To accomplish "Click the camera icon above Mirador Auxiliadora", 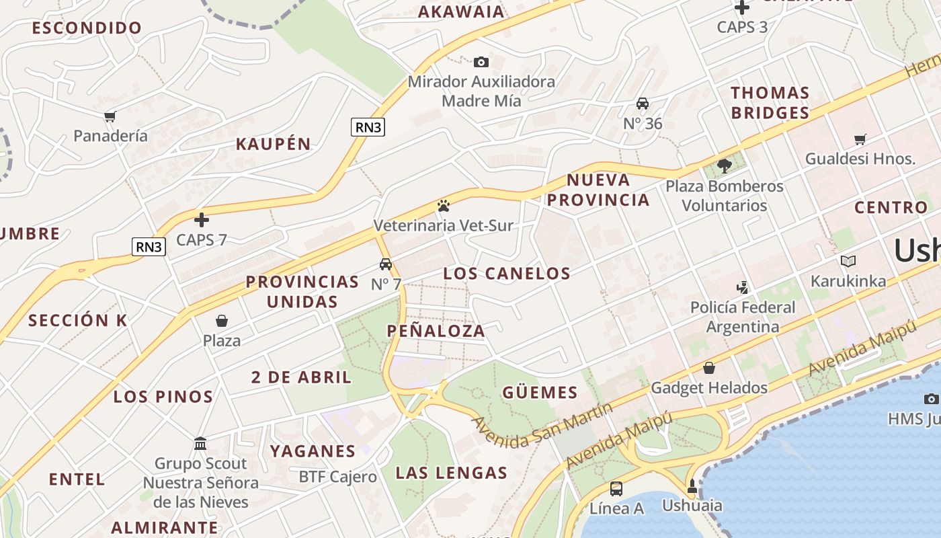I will [481, 63].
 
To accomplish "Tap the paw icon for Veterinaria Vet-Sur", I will [443, 206].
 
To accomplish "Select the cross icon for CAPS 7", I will [202, 220].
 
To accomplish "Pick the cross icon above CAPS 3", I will [742, 7].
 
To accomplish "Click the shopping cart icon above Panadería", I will [110, 116].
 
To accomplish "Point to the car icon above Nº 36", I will [643, 104].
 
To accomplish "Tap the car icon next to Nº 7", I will [386, 264].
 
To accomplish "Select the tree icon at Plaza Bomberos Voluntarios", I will [725, 165].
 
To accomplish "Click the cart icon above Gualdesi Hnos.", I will [860, 140].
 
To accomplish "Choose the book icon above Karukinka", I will [848, 261].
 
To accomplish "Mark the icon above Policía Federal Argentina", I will [742, 288].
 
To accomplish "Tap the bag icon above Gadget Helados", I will [708, 368].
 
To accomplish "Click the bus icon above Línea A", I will [616, 489].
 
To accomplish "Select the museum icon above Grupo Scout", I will [200, 444].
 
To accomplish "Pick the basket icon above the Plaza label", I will [222, 321].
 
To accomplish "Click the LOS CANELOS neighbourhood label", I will [507, 274].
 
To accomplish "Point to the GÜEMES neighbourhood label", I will [540, 393].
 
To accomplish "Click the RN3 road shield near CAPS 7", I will [149, 247].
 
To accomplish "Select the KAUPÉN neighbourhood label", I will [273, 144].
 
